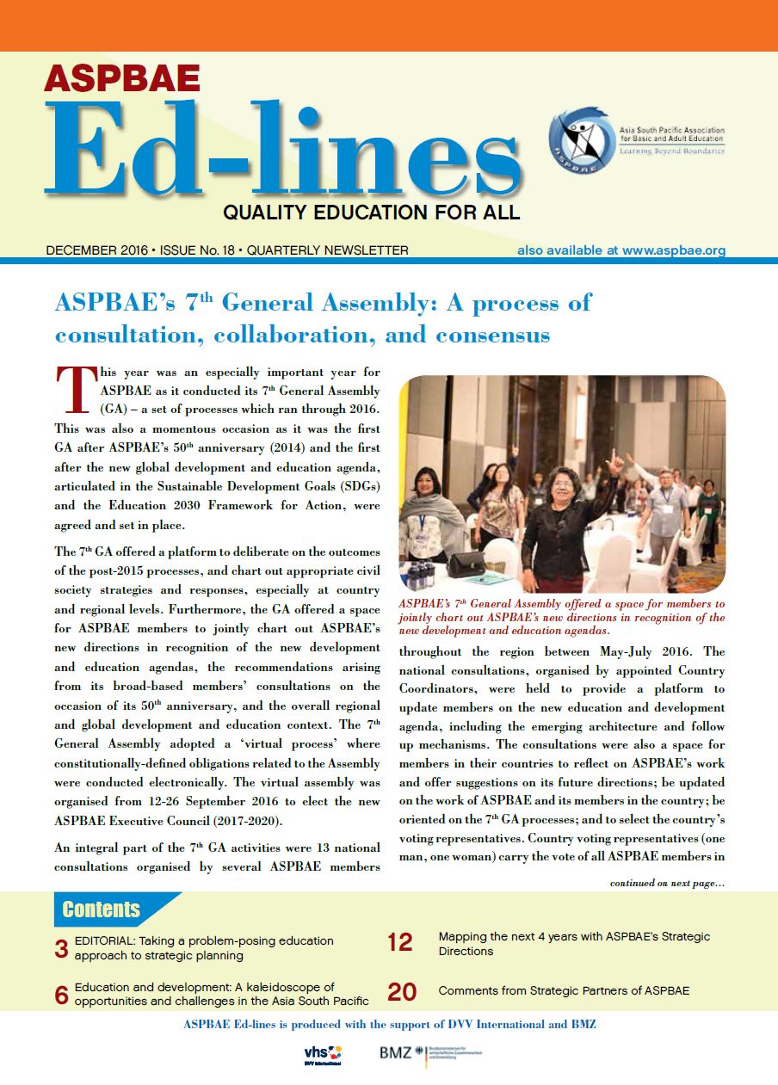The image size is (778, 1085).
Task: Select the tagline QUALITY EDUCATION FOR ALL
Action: (371, 212)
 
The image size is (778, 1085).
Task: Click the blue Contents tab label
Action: (102, 909)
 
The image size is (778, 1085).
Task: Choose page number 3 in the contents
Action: (61, 949)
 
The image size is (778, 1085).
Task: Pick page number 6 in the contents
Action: (61, 995)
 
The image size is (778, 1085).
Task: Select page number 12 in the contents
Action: (400, 943)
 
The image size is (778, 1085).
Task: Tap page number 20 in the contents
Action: (402, 992)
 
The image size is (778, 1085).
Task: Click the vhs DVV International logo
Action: (324, 1053)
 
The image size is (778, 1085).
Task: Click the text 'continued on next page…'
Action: (667, 882)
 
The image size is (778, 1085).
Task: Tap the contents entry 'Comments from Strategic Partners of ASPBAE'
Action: (564, 991)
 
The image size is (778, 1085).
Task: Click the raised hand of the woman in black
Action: (614, 460)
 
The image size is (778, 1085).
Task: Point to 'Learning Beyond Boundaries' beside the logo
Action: (671, 151)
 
